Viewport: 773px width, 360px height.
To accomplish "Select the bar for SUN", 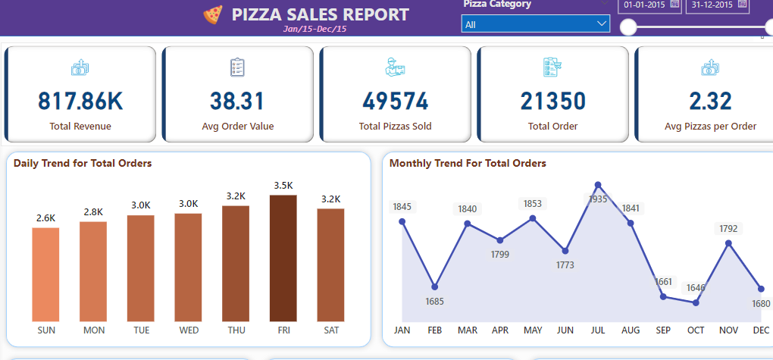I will pos(45,274).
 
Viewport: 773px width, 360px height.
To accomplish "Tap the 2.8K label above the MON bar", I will pos(93,211).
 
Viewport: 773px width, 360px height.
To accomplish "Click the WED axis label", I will pos(188,330).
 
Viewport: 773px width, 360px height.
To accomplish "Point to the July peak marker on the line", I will pos(598,184).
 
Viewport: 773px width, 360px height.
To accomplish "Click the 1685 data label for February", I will pos(435,302).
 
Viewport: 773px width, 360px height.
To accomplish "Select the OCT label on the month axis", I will pos(696,330).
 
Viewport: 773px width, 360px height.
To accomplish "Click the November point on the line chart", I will pos(728,243).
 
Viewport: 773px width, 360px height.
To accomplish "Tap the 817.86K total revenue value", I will pos(80,101).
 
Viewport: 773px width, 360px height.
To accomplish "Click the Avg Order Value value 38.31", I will pos(237,101).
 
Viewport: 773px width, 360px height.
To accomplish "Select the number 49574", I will pos(395,101).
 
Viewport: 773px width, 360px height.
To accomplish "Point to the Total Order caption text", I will pos(552,127).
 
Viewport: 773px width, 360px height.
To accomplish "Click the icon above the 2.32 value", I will pos(710,68).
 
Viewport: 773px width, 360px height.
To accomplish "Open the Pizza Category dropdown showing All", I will pos(535,24).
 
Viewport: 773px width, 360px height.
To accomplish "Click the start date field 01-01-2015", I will pos(643,5).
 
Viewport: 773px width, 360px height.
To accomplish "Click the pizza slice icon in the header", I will pos(213,14).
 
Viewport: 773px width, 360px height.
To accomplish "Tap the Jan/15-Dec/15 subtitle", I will pos(315,29).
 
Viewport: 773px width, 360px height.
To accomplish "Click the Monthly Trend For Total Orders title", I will pos(468,163).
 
